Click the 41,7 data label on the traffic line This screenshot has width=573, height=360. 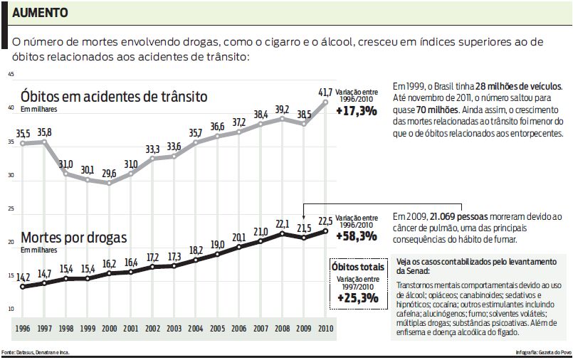(325, 92)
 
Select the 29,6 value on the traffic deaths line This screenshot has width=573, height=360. (109, 173)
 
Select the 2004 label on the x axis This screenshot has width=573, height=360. (195, 329)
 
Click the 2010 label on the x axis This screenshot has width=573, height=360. (325, 329)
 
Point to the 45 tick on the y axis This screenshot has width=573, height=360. (11, 74)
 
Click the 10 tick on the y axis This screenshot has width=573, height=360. (11, 309)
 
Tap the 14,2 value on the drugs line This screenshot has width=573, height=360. (23, 277)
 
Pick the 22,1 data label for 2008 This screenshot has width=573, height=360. (282, 223)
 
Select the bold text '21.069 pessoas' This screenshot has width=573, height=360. (454, 216)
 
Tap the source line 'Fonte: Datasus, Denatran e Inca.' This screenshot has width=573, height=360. (35, 353)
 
